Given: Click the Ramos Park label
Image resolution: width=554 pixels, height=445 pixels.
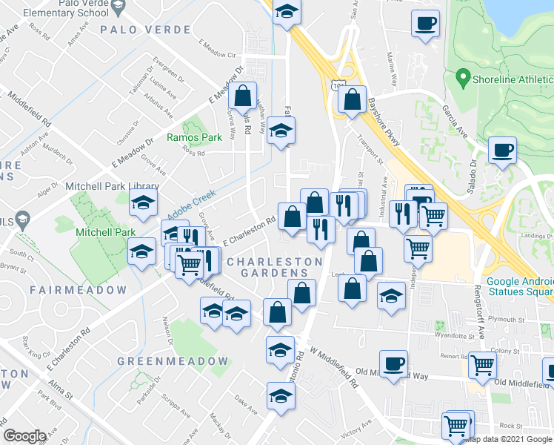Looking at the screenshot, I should tap(194, 137).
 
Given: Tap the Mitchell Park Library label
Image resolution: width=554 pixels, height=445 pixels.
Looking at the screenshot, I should tap(113, 186).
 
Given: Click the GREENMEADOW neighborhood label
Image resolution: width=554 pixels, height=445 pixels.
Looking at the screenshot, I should tap(173, 361).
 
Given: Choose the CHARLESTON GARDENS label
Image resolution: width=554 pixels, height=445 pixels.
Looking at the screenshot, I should tap(274, 267).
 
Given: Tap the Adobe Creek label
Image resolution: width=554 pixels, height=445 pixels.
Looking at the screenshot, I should tap(190, 199).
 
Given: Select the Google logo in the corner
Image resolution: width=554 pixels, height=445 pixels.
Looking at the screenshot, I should tap(25, 436).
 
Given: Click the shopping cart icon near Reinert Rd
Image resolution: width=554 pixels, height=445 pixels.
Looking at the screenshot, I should tap(481, 364).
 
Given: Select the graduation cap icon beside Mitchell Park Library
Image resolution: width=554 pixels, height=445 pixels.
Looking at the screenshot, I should tap(144, 202).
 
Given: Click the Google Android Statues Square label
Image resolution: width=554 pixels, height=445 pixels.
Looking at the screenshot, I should tap(518, 286).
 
